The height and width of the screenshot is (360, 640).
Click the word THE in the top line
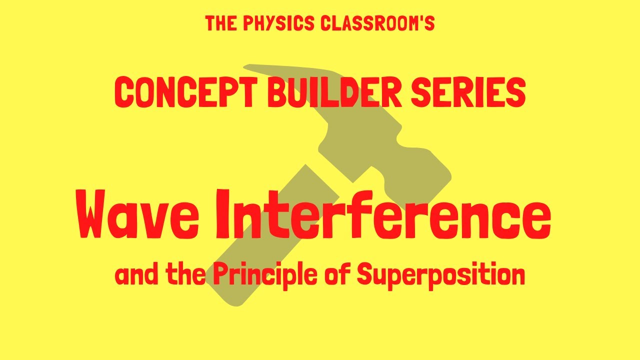[219, 23]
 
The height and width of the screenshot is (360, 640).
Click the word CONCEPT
[184, 93]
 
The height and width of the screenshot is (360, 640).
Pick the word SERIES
[468, 93]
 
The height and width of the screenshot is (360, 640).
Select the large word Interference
[383, 212]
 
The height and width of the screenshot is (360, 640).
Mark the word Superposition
[441, 275]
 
